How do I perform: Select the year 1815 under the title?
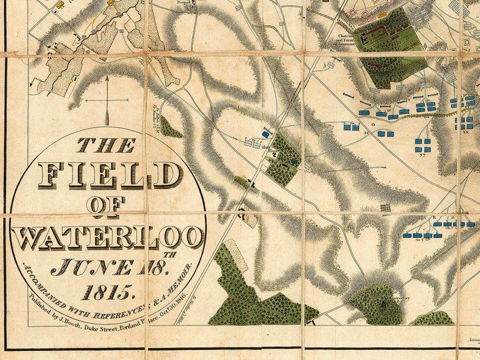(x=107, y=292)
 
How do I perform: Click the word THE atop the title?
(x=106, y=145)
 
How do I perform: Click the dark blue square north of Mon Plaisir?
(x=265, y=133)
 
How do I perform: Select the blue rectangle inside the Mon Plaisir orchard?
(x=294, y=161)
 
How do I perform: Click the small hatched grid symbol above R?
(x=385, y=207)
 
